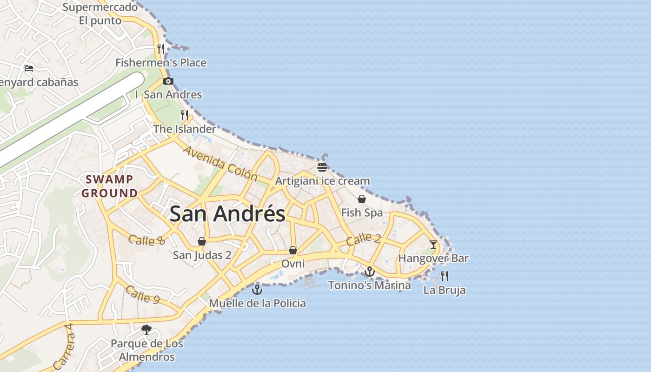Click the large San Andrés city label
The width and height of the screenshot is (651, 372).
227,214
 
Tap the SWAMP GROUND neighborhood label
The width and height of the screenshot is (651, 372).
110,186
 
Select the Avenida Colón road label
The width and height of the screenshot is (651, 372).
220,163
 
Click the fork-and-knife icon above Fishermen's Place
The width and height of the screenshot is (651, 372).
161,49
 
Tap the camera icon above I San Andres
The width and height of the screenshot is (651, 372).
168,81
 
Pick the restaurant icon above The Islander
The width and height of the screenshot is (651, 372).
185,115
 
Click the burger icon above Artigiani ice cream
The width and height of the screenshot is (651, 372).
322,167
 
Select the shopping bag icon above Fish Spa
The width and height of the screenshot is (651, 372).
362,199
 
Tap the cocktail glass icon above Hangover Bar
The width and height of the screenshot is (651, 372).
433,244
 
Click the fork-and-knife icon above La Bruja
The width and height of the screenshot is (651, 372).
444,276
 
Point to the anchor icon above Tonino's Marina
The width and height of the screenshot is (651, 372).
370,272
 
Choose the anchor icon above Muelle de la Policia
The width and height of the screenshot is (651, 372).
257,290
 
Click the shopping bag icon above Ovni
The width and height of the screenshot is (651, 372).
293,250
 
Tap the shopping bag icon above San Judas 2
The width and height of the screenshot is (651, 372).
202,241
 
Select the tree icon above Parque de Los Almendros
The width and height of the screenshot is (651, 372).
146,330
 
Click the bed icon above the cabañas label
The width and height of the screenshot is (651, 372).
29,68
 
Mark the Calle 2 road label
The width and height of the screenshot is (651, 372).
364,239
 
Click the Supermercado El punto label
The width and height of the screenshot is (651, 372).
100,14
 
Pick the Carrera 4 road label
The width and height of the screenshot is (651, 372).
64,346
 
